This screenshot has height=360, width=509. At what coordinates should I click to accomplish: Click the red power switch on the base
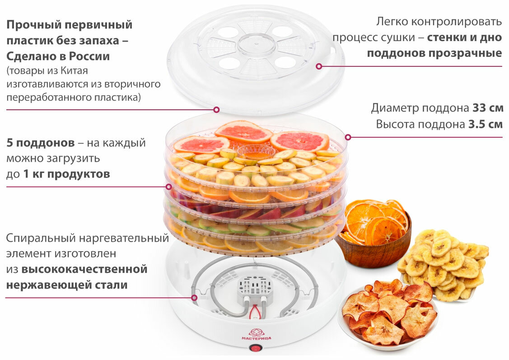click(x=255, y=348)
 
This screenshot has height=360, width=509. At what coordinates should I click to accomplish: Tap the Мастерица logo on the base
click(x=256, y=335)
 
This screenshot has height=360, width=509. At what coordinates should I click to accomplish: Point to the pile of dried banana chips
click(x=445, y=266)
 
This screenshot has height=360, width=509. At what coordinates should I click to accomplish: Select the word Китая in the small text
click(x=75, y=71)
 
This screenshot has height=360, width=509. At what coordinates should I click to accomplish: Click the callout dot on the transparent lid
click(x=319, y=66)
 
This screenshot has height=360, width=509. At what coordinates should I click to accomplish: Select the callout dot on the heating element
click(x=194, y=298)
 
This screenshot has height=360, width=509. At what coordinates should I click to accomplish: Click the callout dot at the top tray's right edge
click(x=348, y=137)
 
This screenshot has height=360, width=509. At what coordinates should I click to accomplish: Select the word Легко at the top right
click(x=394, y=21)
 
